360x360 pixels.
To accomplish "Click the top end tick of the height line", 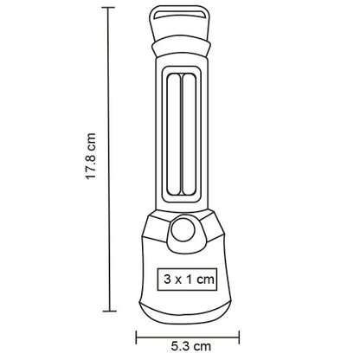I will pyautogui.click(x=109, y=8).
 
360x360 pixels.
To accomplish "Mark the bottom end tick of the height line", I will pyautogui.click(x=109, y=310).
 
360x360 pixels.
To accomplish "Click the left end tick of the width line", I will pyautogui.click(x=135, y=331).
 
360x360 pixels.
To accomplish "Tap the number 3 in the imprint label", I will pyautogui.click(x=164, y=279).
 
